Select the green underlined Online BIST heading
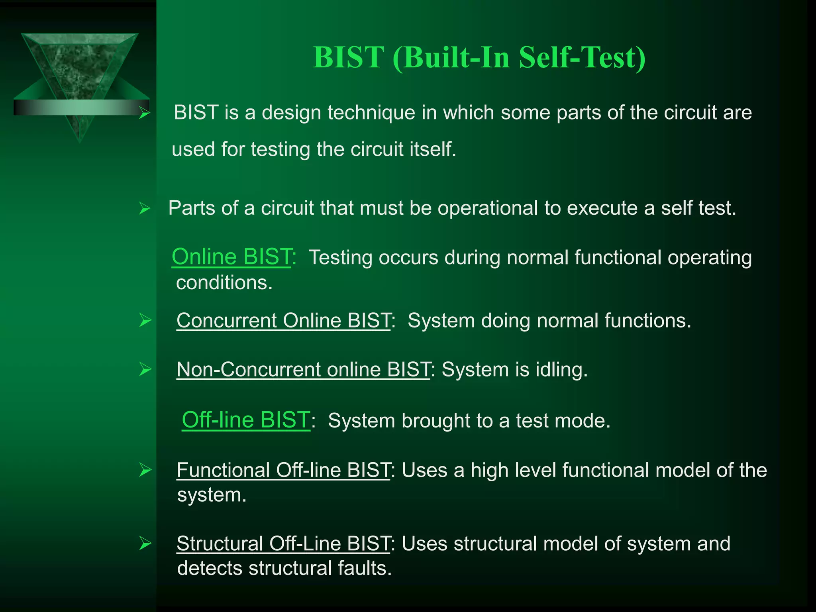(231, 257)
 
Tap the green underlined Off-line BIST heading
(245, 420)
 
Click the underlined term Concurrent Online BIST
(283, 320)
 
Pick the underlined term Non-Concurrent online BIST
(303, 369)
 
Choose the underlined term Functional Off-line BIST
(283, 470)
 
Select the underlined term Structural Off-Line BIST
(283, 543)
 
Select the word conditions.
(224, 283)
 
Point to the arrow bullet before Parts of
(144, 208)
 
